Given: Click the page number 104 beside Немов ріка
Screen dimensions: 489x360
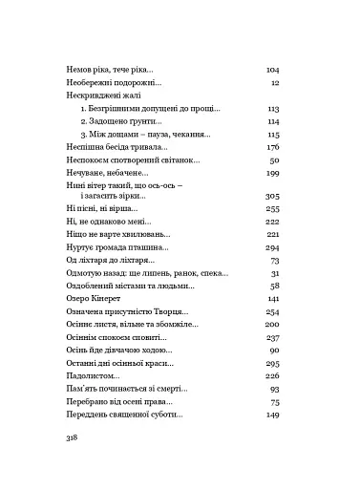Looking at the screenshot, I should point(270,70).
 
